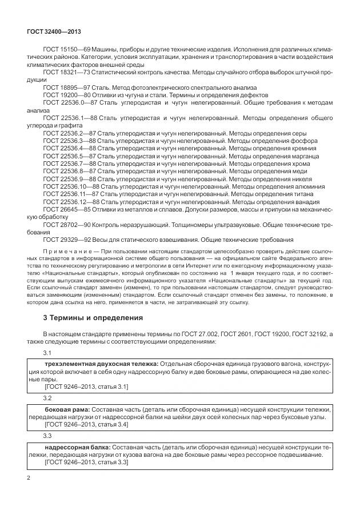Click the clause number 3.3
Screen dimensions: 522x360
pyautogui.click(x=47, y=435)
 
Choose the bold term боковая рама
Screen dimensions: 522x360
pyautogui.click(x=66, y=410)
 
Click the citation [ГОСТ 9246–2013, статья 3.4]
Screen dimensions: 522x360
pyautogui.click(x=86, y=425)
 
